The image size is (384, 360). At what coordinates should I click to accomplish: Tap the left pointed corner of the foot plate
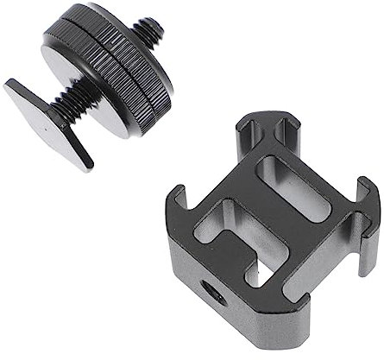click(x=9, y=85)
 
